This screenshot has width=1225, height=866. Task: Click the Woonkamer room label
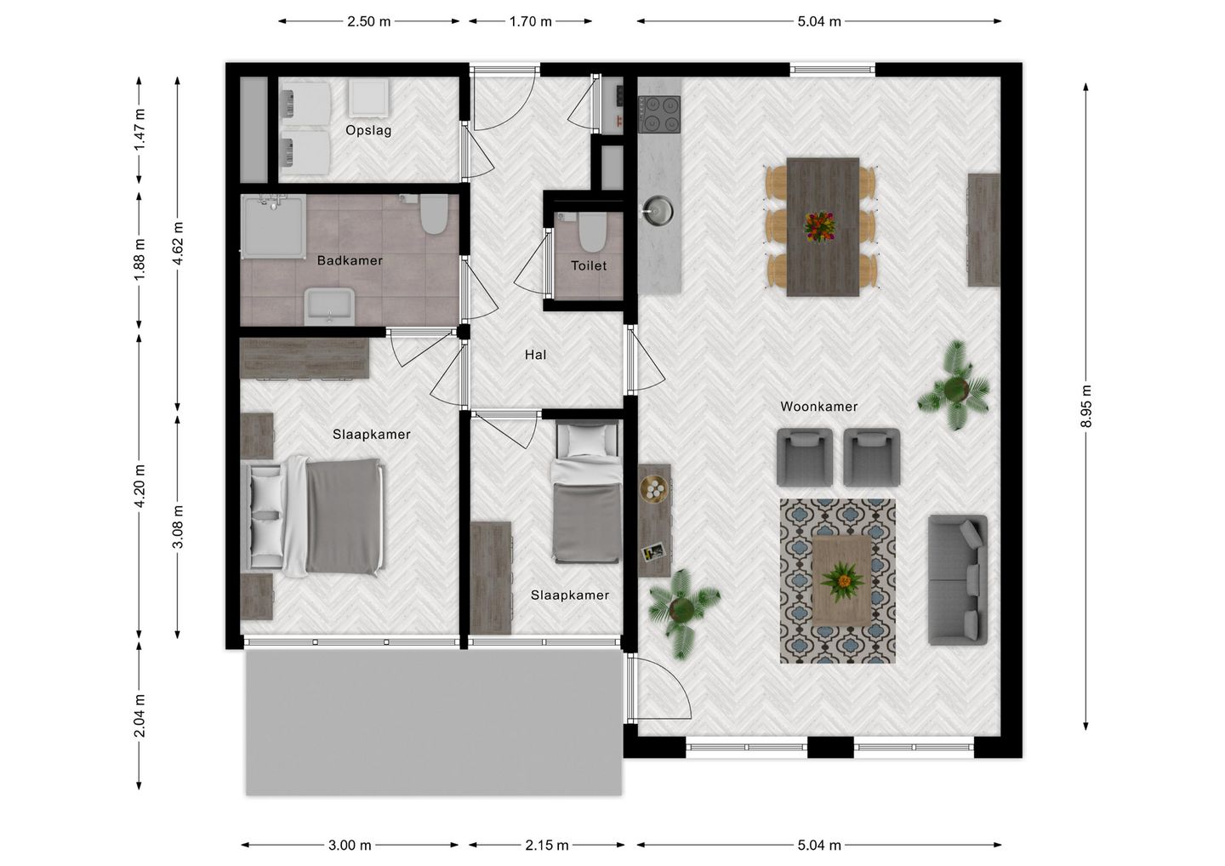tap(818, 407)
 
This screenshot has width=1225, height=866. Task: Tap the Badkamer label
tap(350, 260)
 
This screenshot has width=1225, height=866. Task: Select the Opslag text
tap(368, 130)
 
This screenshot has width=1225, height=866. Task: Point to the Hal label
tap(535, 355)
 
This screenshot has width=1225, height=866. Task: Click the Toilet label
tap(589, 265)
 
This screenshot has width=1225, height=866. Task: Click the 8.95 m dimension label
tap(1086, 407)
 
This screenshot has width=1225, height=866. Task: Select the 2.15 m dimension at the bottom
tap(546, 845)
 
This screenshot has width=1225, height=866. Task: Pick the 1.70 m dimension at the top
tap(530, 21)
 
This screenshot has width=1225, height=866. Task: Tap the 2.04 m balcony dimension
tap(140, 715)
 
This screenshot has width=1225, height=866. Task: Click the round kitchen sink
tap(656, 209)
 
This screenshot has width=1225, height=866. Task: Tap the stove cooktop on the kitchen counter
tap(660, 112)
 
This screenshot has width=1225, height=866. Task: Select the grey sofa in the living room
tap(957, 580)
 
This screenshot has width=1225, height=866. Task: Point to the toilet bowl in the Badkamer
tap(434, 214)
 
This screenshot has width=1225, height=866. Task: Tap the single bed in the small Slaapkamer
tap(586, 493)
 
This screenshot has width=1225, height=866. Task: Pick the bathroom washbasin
tap(328, 306)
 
